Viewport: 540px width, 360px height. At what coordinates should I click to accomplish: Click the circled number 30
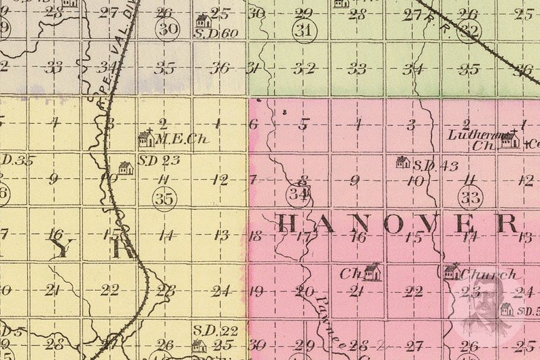[167, 29]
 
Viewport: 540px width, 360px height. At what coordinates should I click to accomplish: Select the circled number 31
[305, 31]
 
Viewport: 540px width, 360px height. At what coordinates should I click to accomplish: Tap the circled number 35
[164, 198]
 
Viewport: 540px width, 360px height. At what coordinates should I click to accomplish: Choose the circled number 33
[470, 197]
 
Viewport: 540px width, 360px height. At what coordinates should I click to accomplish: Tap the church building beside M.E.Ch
[146, 138]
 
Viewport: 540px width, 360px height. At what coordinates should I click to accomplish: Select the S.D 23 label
[158, 161]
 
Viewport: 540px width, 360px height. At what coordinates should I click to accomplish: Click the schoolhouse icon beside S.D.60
[203, 20]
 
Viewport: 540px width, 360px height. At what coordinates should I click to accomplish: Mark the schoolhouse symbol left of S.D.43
[403, 162]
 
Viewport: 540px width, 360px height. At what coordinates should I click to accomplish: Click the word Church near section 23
[488, 275]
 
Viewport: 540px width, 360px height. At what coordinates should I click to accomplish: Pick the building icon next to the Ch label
[372, 272]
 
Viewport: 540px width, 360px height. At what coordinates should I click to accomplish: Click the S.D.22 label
[205, 329]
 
